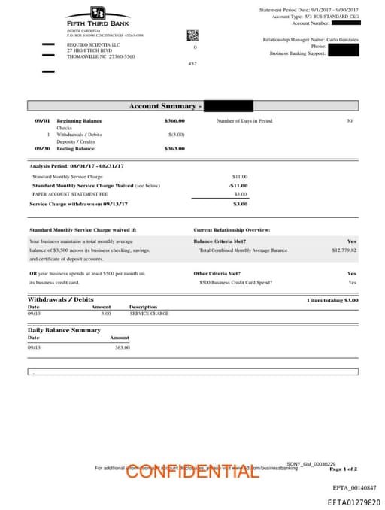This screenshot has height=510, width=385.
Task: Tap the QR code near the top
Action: coord(192,35)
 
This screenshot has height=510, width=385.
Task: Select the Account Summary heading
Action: coord(164,106)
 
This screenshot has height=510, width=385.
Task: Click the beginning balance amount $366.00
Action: coord(174,121)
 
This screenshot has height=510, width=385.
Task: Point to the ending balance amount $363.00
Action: coord(174,149)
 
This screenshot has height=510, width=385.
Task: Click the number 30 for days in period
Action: coord(349,121)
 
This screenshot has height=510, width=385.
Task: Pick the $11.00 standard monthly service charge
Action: coord(240,176)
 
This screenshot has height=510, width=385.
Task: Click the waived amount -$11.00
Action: coord(238,185)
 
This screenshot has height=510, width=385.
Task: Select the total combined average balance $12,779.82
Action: coord(344,250)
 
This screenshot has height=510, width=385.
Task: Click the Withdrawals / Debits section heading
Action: coord(61,299)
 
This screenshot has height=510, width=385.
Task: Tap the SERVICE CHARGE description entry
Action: coord(149,313)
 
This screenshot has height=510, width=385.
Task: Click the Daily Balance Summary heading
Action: coord(64,330)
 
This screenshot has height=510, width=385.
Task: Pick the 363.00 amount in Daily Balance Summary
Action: coord(122,348)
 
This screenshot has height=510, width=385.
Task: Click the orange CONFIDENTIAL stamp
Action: coord(192,472)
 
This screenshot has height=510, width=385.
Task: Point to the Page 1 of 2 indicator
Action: coord(344,469)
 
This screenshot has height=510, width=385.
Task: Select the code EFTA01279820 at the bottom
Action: coord(353,502)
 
